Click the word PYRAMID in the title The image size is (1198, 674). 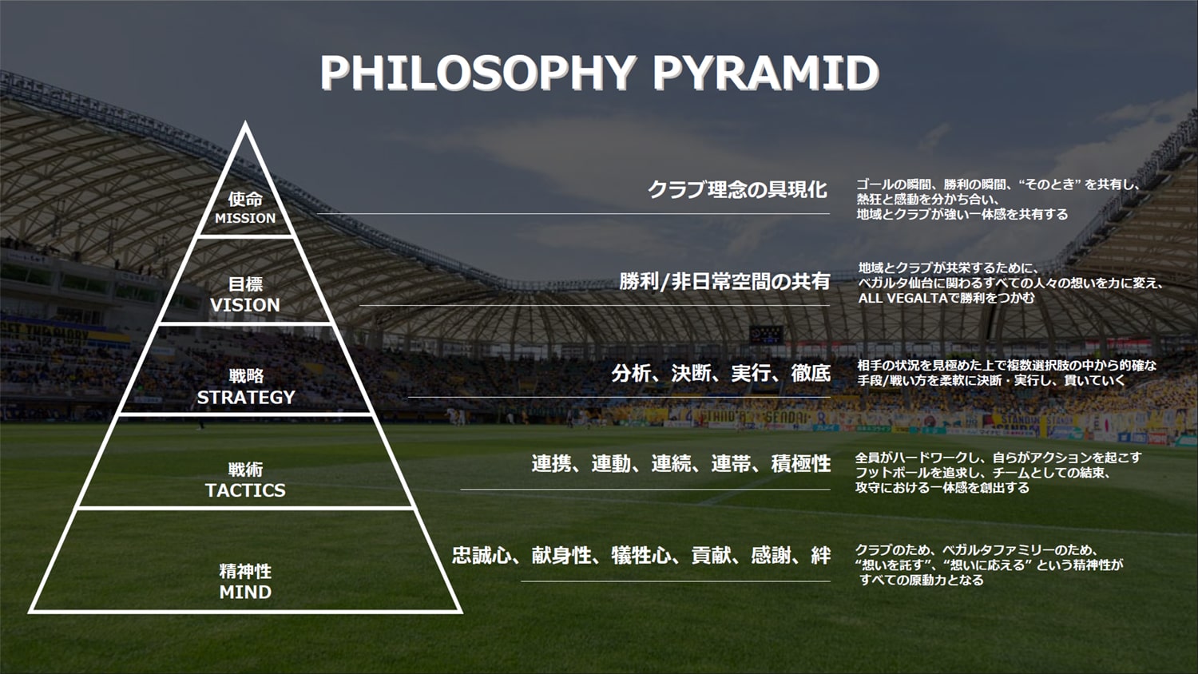765,73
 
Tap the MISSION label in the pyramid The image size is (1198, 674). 245,218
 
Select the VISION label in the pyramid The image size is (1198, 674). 245,305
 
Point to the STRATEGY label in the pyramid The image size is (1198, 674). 246,397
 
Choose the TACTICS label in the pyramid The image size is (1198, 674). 245,490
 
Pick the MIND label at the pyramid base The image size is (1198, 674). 245,593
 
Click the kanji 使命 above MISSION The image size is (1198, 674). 245,199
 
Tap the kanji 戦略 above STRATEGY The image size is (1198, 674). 246,375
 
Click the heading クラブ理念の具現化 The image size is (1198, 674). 736,190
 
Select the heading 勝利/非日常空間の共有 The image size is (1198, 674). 724,281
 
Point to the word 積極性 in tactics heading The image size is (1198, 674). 800,464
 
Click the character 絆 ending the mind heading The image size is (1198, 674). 820,556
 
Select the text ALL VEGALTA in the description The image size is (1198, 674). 891,298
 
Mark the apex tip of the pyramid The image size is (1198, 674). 245,124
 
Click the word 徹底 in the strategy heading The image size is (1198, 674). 810,373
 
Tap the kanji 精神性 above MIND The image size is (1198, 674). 245,572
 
